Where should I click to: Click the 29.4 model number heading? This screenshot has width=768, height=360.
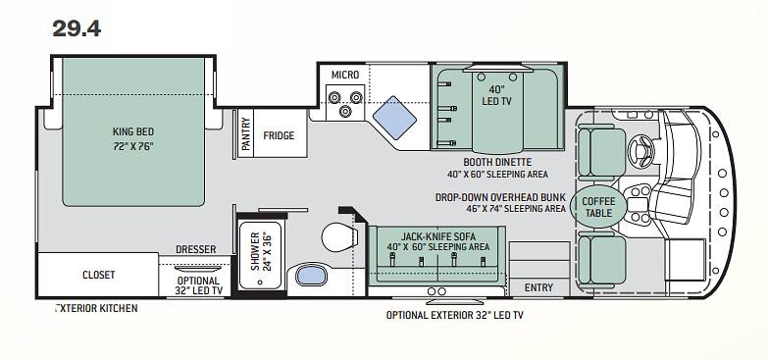[77, 28]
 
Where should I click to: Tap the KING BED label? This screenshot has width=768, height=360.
[133, 131]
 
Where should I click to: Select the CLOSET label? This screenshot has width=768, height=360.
[98, 275]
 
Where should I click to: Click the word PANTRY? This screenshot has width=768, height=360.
[245, 133]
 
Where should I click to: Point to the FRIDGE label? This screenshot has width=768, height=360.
[279, 135]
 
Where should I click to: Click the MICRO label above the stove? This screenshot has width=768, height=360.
[345, 75]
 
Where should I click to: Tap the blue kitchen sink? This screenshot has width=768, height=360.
[394, 118]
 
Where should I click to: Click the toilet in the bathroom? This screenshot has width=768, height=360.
[339, 236]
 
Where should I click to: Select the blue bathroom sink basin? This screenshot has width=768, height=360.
[312, 275]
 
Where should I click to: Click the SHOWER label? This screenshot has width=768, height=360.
[254, 251]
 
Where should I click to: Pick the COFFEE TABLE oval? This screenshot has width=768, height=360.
[598, 207]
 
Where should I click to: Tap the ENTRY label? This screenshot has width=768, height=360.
[538, 287]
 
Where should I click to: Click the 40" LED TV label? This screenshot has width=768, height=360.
[496, 95]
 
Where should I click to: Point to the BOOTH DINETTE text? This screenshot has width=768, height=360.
[497, 162]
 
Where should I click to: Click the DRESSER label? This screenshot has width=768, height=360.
[196, 249]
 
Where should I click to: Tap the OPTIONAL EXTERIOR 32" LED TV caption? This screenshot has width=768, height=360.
[454, 315]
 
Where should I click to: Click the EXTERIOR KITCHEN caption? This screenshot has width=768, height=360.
[96, 308]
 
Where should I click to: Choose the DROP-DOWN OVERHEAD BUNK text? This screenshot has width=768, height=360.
[500, 197]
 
